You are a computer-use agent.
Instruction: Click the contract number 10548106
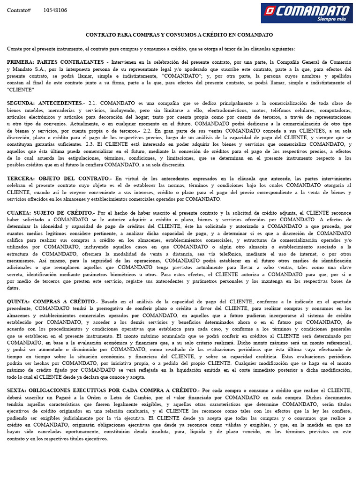(55, 10)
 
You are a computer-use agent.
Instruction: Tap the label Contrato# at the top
(19, 10)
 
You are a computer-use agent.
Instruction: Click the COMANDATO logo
(307, 13)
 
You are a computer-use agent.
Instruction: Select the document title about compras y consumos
(179, 35)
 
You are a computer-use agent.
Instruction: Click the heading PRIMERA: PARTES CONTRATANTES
(55, 62)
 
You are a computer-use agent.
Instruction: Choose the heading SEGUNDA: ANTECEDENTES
(45, 103)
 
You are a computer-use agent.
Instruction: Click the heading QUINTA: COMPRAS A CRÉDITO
(51, 302)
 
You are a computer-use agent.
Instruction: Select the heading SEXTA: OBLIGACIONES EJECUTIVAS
(102, 390)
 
